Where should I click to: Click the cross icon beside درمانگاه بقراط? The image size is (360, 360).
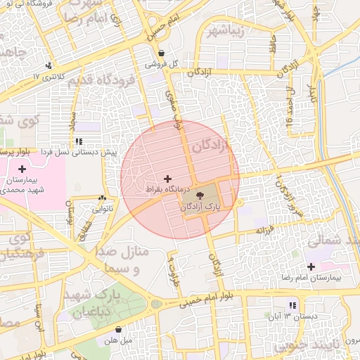pos(167,179)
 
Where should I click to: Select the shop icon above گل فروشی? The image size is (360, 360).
pos(162,53)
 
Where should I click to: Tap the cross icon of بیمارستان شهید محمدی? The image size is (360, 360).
pos(22,169)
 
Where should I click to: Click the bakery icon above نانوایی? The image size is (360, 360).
pos(103,198)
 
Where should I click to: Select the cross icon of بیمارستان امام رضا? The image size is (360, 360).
pos(311,266)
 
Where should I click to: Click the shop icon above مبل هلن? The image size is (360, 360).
pos(118,328)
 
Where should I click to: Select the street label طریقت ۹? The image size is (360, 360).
pos(173,267)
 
